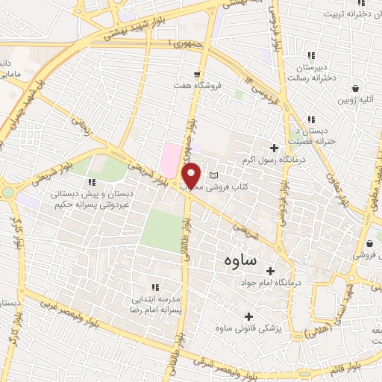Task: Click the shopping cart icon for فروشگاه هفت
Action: pos(197,74)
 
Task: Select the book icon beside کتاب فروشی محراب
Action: pos(215,175)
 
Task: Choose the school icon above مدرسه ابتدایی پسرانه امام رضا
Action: pos(155,286)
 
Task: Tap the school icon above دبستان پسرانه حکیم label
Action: pos(92,181)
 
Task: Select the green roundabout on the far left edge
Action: pos(7,192)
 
